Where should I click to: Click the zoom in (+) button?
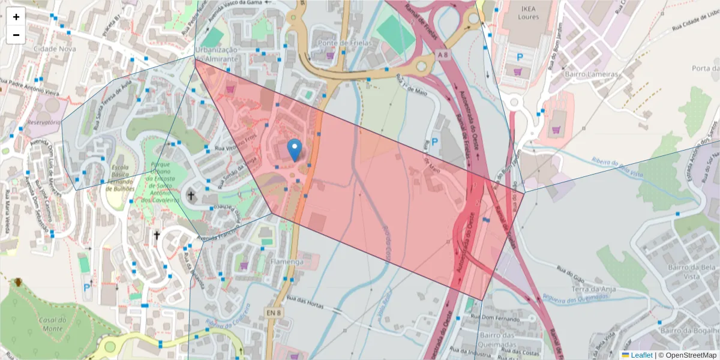point(16,17)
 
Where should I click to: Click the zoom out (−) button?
point(16,35)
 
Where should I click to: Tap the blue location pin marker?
point(295,149)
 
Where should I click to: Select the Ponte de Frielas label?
point(345,43)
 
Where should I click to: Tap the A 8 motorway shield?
point(443,55)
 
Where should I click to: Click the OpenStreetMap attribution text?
point(687,355)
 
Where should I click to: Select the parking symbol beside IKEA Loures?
point(520,58)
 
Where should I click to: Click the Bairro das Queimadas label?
point(499,340)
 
